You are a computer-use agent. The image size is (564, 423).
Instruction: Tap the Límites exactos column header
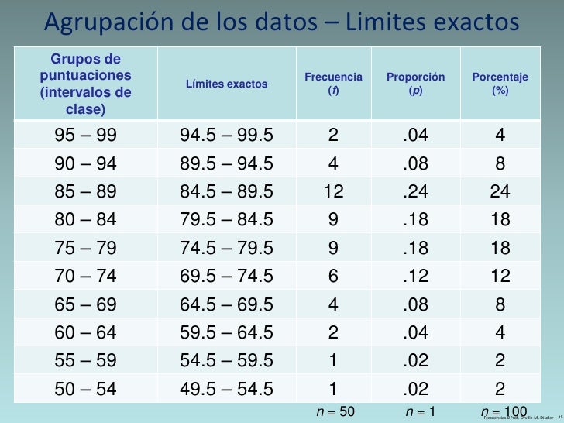[x=226, y=84]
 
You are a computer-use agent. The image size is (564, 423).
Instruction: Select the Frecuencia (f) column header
[x=333, y=84]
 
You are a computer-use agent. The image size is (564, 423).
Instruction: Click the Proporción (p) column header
[x=416, y=84]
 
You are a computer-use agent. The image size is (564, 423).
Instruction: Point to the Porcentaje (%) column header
[x=500, y=84]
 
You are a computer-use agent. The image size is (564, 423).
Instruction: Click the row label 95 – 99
[x=85, y=136]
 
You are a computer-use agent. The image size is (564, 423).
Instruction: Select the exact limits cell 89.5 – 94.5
[x=226, y=163]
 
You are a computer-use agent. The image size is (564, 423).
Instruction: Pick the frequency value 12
[x=333, y=191]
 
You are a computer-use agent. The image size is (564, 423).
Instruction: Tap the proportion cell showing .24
[x=416, y=191]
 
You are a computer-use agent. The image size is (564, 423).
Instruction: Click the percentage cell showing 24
[x=500, y=191]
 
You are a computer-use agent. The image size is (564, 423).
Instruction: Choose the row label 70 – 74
[x=85, y=274]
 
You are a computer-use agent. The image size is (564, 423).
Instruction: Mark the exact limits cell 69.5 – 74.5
[x=226, y=274]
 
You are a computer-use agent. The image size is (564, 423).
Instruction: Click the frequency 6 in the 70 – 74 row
[x=333, y=274]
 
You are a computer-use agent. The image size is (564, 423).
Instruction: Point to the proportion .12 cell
[x=416, y=274]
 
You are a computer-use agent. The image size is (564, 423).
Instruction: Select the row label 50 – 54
[x=85, y=388]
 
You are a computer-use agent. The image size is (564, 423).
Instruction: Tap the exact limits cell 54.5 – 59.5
[x=226, y=360]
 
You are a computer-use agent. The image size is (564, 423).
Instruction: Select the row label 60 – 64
[x=85, y=332]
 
